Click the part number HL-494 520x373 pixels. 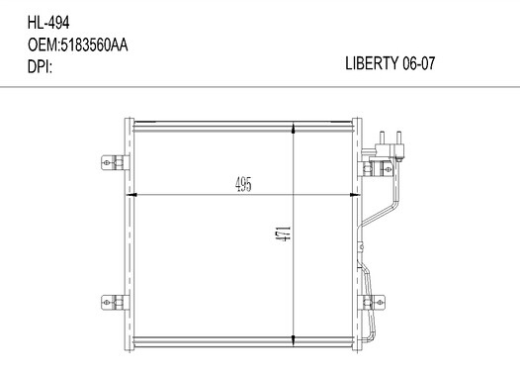tap(48, 23)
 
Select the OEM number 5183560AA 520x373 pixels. tap(94, 46)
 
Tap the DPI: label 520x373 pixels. tap(40, 67)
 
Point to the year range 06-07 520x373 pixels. tap(418, 63)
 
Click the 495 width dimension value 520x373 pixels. tap(243, 184)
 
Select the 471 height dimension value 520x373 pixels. tap(285, 233)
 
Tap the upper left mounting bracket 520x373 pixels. tap(115, 162)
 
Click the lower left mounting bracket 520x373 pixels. tap(115, 303)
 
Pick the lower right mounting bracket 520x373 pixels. tap(374, 303)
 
